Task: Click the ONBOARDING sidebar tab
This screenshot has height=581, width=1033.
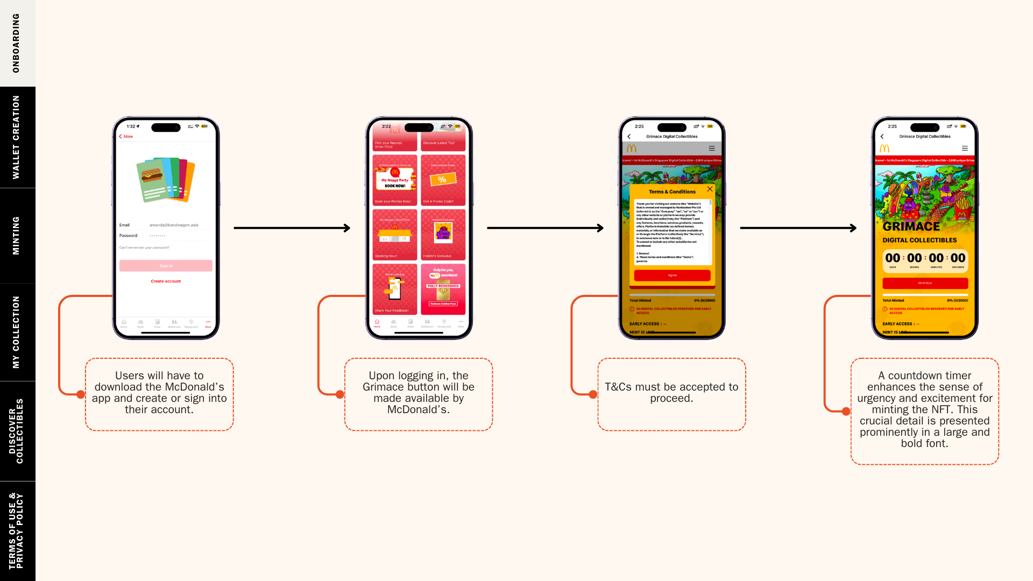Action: click(17, 43)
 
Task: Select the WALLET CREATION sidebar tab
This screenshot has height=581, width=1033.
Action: click(17, 137)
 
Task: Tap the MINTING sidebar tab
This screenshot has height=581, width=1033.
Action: click(17, 236)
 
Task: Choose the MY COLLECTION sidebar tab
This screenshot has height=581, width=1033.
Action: click(17, 332)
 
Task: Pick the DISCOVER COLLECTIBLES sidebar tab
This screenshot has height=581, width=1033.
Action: click(17, 431)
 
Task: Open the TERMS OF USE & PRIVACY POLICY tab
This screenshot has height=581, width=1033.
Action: click(17, 531)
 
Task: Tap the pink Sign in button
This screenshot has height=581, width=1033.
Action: click(166, 266)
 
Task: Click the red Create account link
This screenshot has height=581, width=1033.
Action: click(166, 281)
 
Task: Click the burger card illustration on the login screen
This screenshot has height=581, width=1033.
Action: click(165, 180)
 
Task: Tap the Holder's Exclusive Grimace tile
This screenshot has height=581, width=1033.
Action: click(443, 235)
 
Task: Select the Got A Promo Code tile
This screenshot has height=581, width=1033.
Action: click(443, 180)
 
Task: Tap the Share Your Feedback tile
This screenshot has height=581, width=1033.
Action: click(395, 289)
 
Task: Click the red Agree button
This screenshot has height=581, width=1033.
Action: click(672, 275)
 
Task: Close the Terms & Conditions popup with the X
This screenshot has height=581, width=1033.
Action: click(710, 189)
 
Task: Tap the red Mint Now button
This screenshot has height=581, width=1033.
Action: click(925, 283)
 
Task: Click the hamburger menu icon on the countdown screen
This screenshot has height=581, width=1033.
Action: click(965, 148)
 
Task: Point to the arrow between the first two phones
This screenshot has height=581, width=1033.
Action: click(292, 228)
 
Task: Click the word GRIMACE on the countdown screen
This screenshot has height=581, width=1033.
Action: click(911, 226)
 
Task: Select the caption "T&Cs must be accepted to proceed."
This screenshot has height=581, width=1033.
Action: click(671, 393)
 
